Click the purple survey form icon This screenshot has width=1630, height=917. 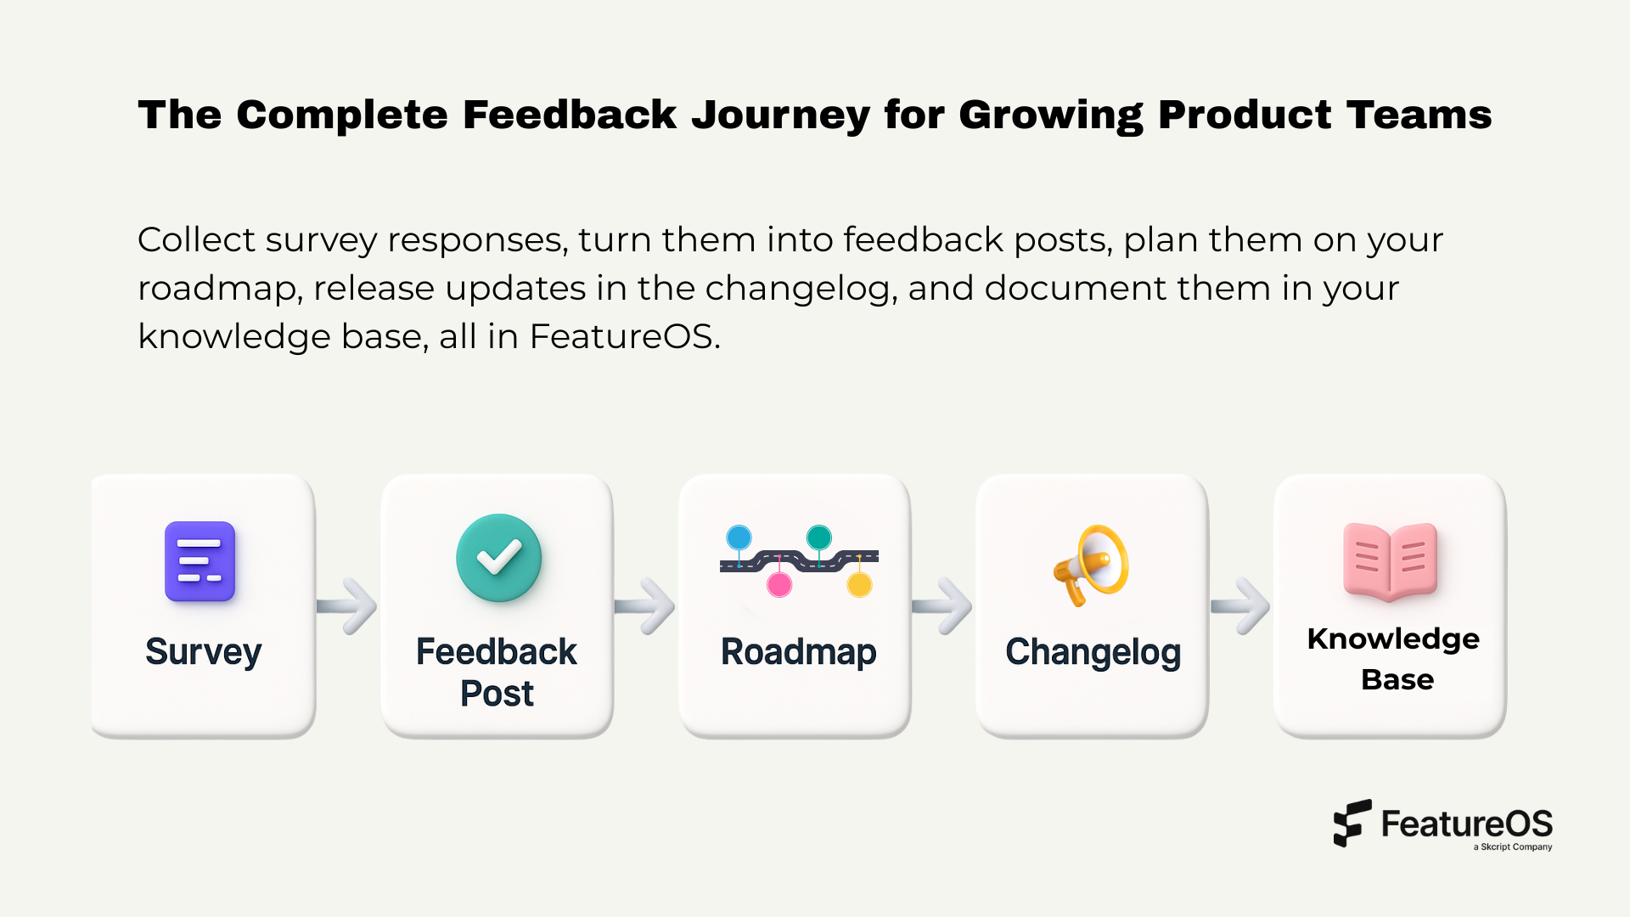coord(200,561)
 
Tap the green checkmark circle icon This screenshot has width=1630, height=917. coord(498,558)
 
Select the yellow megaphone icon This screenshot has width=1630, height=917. coord(1092,565)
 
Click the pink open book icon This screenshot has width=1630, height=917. coord(1390,561)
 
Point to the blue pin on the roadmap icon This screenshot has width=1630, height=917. coord(739,537)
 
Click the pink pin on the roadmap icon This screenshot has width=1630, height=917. coord(779,584)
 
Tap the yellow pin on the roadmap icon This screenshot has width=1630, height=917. coord(859,584)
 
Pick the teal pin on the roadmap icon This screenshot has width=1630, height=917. coord(818,537)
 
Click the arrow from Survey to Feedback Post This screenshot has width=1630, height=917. coord(348,606)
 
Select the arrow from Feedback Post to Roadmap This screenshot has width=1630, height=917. coord(645,606)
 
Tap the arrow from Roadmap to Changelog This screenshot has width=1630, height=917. coord(943,606)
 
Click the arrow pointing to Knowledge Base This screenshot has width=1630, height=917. coord(1241,606)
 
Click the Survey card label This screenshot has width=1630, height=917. coord(203,652)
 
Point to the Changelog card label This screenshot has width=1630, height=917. coord(1093,652)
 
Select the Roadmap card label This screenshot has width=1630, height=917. coord(798,652)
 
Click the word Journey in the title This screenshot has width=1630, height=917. coord(780,115)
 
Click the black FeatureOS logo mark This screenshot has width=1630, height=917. coord(1352,823)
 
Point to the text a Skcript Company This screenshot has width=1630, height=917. coord(1512,847)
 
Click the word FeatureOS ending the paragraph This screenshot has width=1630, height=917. coord(624,336)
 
